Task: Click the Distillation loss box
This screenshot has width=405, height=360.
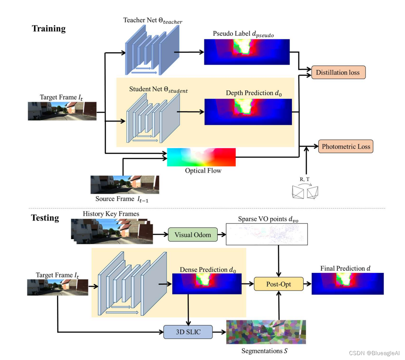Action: pos(338,72)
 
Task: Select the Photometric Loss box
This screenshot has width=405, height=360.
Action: pos(346,146)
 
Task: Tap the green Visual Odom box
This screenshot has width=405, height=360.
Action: pos(193,235)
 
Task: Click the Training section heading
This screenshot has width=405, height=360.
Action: pos(49,29)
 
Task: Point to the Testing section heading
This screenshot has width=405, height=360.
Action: pos(45,218)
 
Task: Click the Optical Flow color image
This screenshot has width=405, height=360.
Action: pos(201,157)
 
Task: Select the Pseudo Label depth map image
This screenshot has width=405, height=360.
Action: pos(247,52)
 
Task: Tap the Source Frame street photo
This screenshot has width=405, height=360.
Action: pos(125,185)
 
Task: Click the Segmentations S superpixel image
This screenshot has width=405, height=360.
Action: pos(266,332)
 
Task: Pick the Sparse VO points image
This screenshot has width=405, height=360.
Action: pos(266,234)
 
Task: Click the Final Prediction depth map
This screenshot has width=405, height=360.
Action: pos(348,283)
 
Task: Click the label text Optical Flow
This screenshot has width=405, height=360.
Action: pos(203,171)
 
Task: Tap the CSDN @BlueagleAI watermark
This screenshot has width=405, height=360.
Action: pos(374,353)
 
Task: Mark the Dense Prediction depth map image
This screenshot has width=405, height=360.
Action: pos(207,284)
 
